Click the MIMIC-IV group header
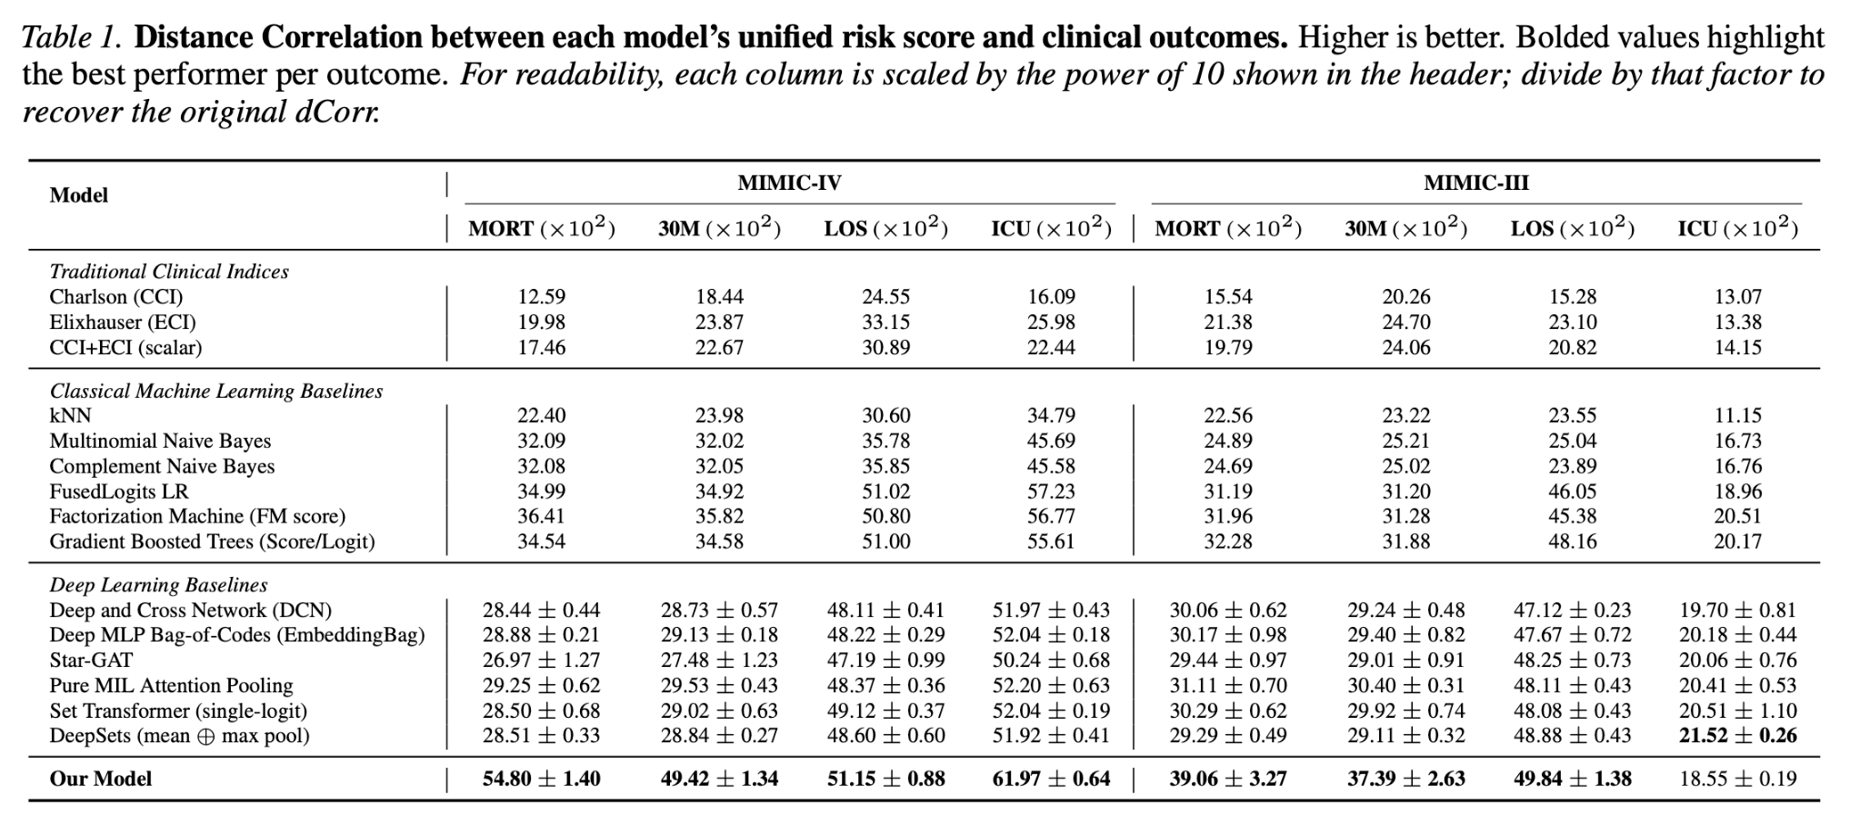point(789,184)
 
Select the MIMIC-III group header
point(1476,184)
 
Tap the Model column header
point(79,195)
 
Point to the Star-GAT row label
point(91,661)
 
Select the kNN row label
point(70,416)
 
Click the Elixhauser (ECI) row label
point(123,323)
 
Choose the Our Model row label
point(101,780)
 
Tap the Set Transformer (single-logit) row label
point(178,711)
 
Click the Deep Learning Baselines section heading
point(158,585)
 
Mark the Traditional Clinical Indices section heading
point(169,272)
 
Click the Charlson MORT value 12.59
point(542,297)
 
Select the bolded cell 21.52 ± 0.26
point(1737,736)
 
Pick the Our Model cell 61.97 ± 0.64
point(1051,780)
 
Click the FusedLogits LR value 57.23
point(1051,492)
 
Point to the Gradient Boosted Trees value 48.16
point(1573,542)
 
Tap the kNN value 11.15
point(1737,416)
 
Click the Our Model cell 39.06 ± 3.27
point(1228,780)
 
